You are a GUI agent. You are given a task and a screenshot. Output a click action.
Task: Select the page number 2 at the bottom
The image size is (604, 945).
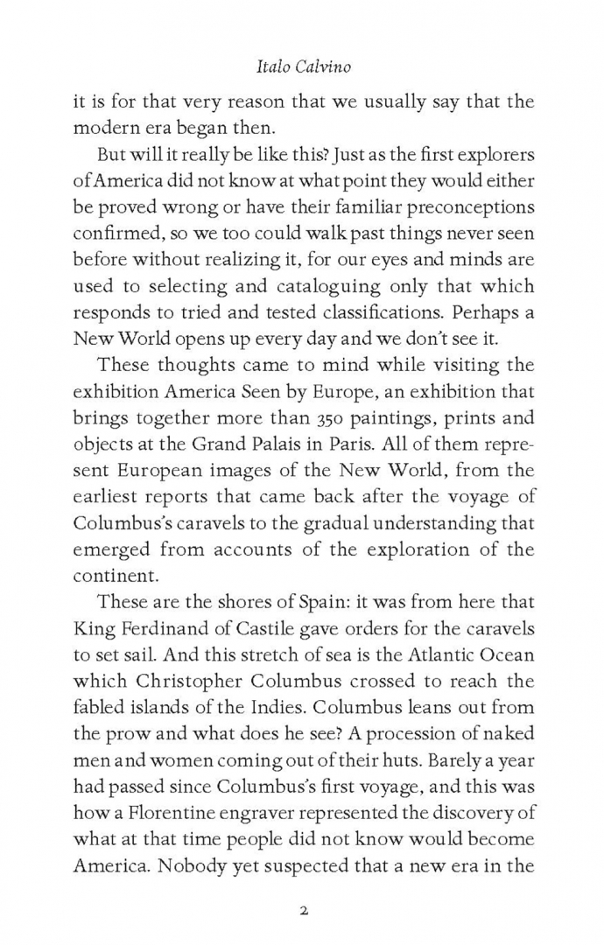coord(302,885)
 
